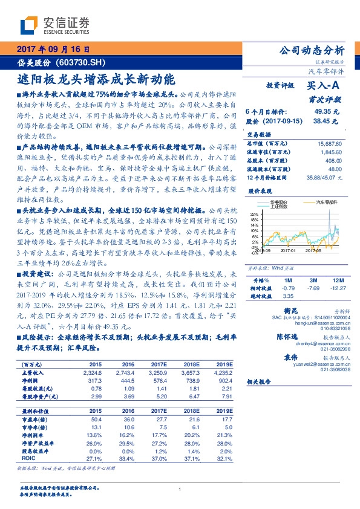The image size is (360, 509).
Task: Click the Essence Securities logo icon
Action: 30,25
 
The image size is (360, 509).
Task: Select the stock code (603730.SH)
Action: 81,62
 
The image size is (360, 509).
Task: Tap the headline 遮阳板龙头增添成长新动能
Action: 96,79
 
